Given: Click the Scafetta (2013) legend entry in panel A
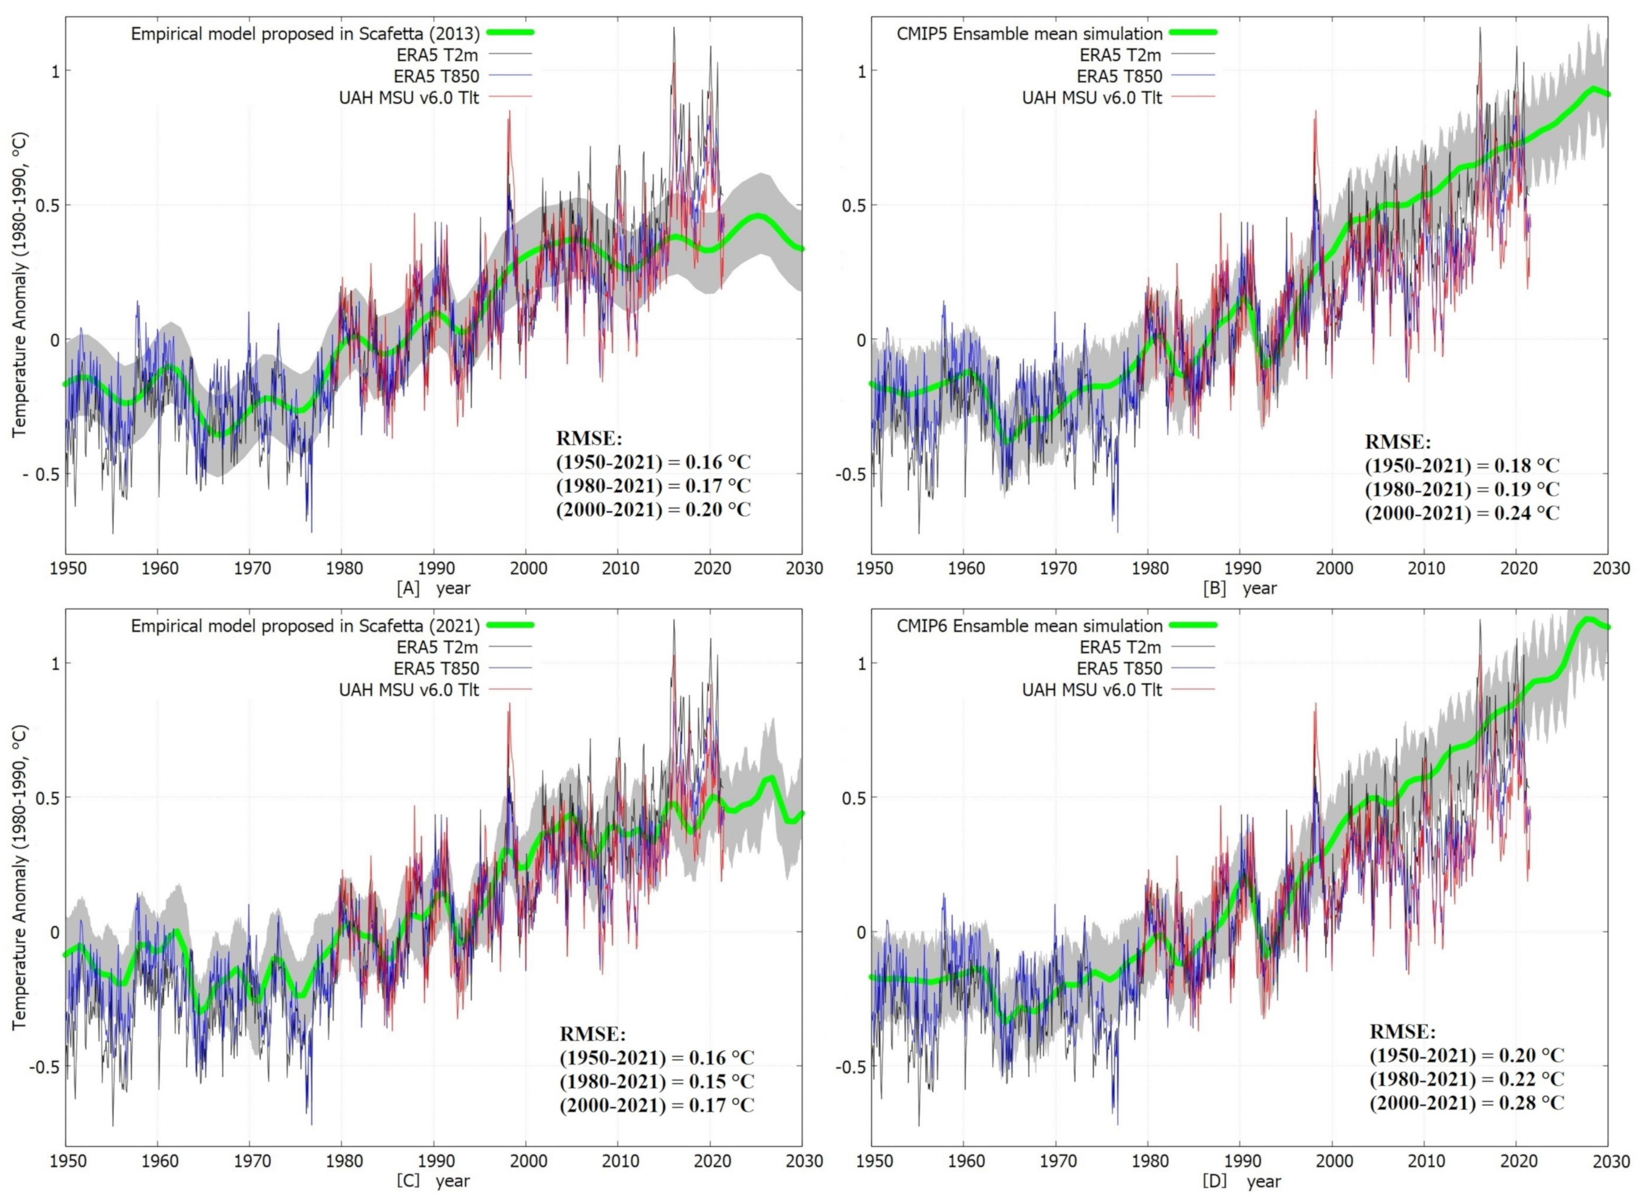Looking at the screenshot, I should coord(305,33).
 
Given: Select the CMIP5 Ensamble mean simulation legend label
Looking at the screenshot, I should coord(1029,33).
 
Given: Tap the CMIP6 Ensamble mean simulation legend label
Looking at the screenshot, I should coord(1029,626).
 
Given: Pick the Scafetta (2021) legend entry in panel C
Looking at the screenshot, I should coord(305,626).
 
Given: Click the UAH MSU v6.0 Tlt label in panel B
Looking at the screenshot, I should coord(1091,97).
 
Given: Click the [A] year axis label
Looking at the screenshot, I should coord(433,588).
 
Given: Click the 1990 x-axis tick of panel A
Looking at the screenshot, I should coord(434,568).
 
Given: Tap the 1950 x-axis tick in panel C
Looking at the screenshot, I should coord(68,1160).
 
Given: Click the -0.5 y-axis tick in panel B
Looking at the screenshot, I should coord(851,474).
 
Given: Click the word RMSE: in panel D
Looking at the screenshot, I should coord(1402,1031).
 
